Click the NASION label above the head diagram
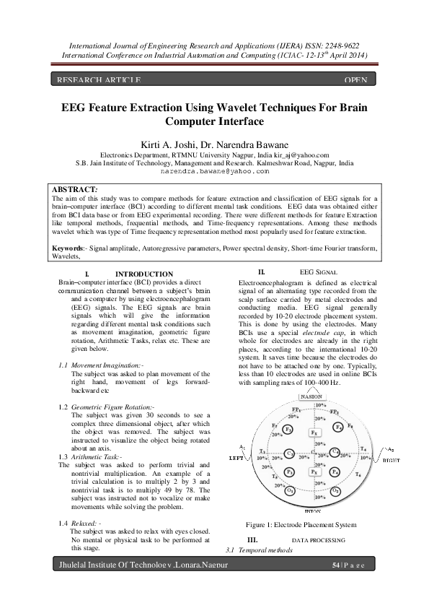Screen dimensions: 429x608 coord(311,397)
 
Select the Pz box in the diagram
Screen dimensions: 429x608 coord(313,472)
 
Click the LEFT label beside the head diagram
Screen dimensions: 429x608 coord(236,459)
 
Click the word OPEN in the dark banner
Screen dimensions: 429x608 coord(356,79)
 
